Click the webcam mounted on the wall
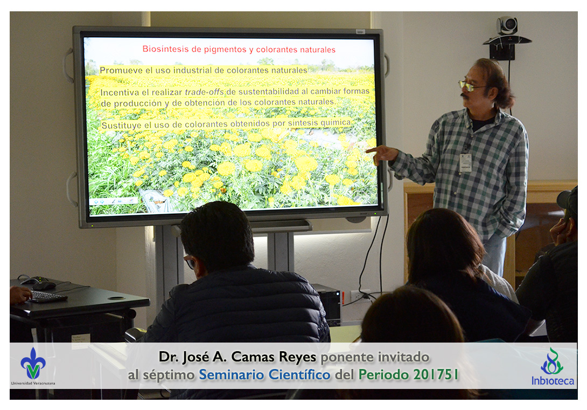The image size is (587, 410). pos(507,25)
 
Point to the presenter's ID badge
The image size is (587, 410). pos(465,163)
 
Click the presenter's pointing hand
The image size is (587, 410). pos(381,154)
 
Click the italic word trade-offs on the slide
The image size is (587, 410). pos(205,92)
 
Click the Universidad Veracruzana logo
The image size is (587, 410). pos(33,366)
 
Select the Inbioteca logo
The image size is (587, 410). pos(553,367)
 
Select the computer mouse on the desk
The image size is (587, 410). pos(44,286)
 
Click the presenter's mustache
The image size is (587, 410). pos(465,95)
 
